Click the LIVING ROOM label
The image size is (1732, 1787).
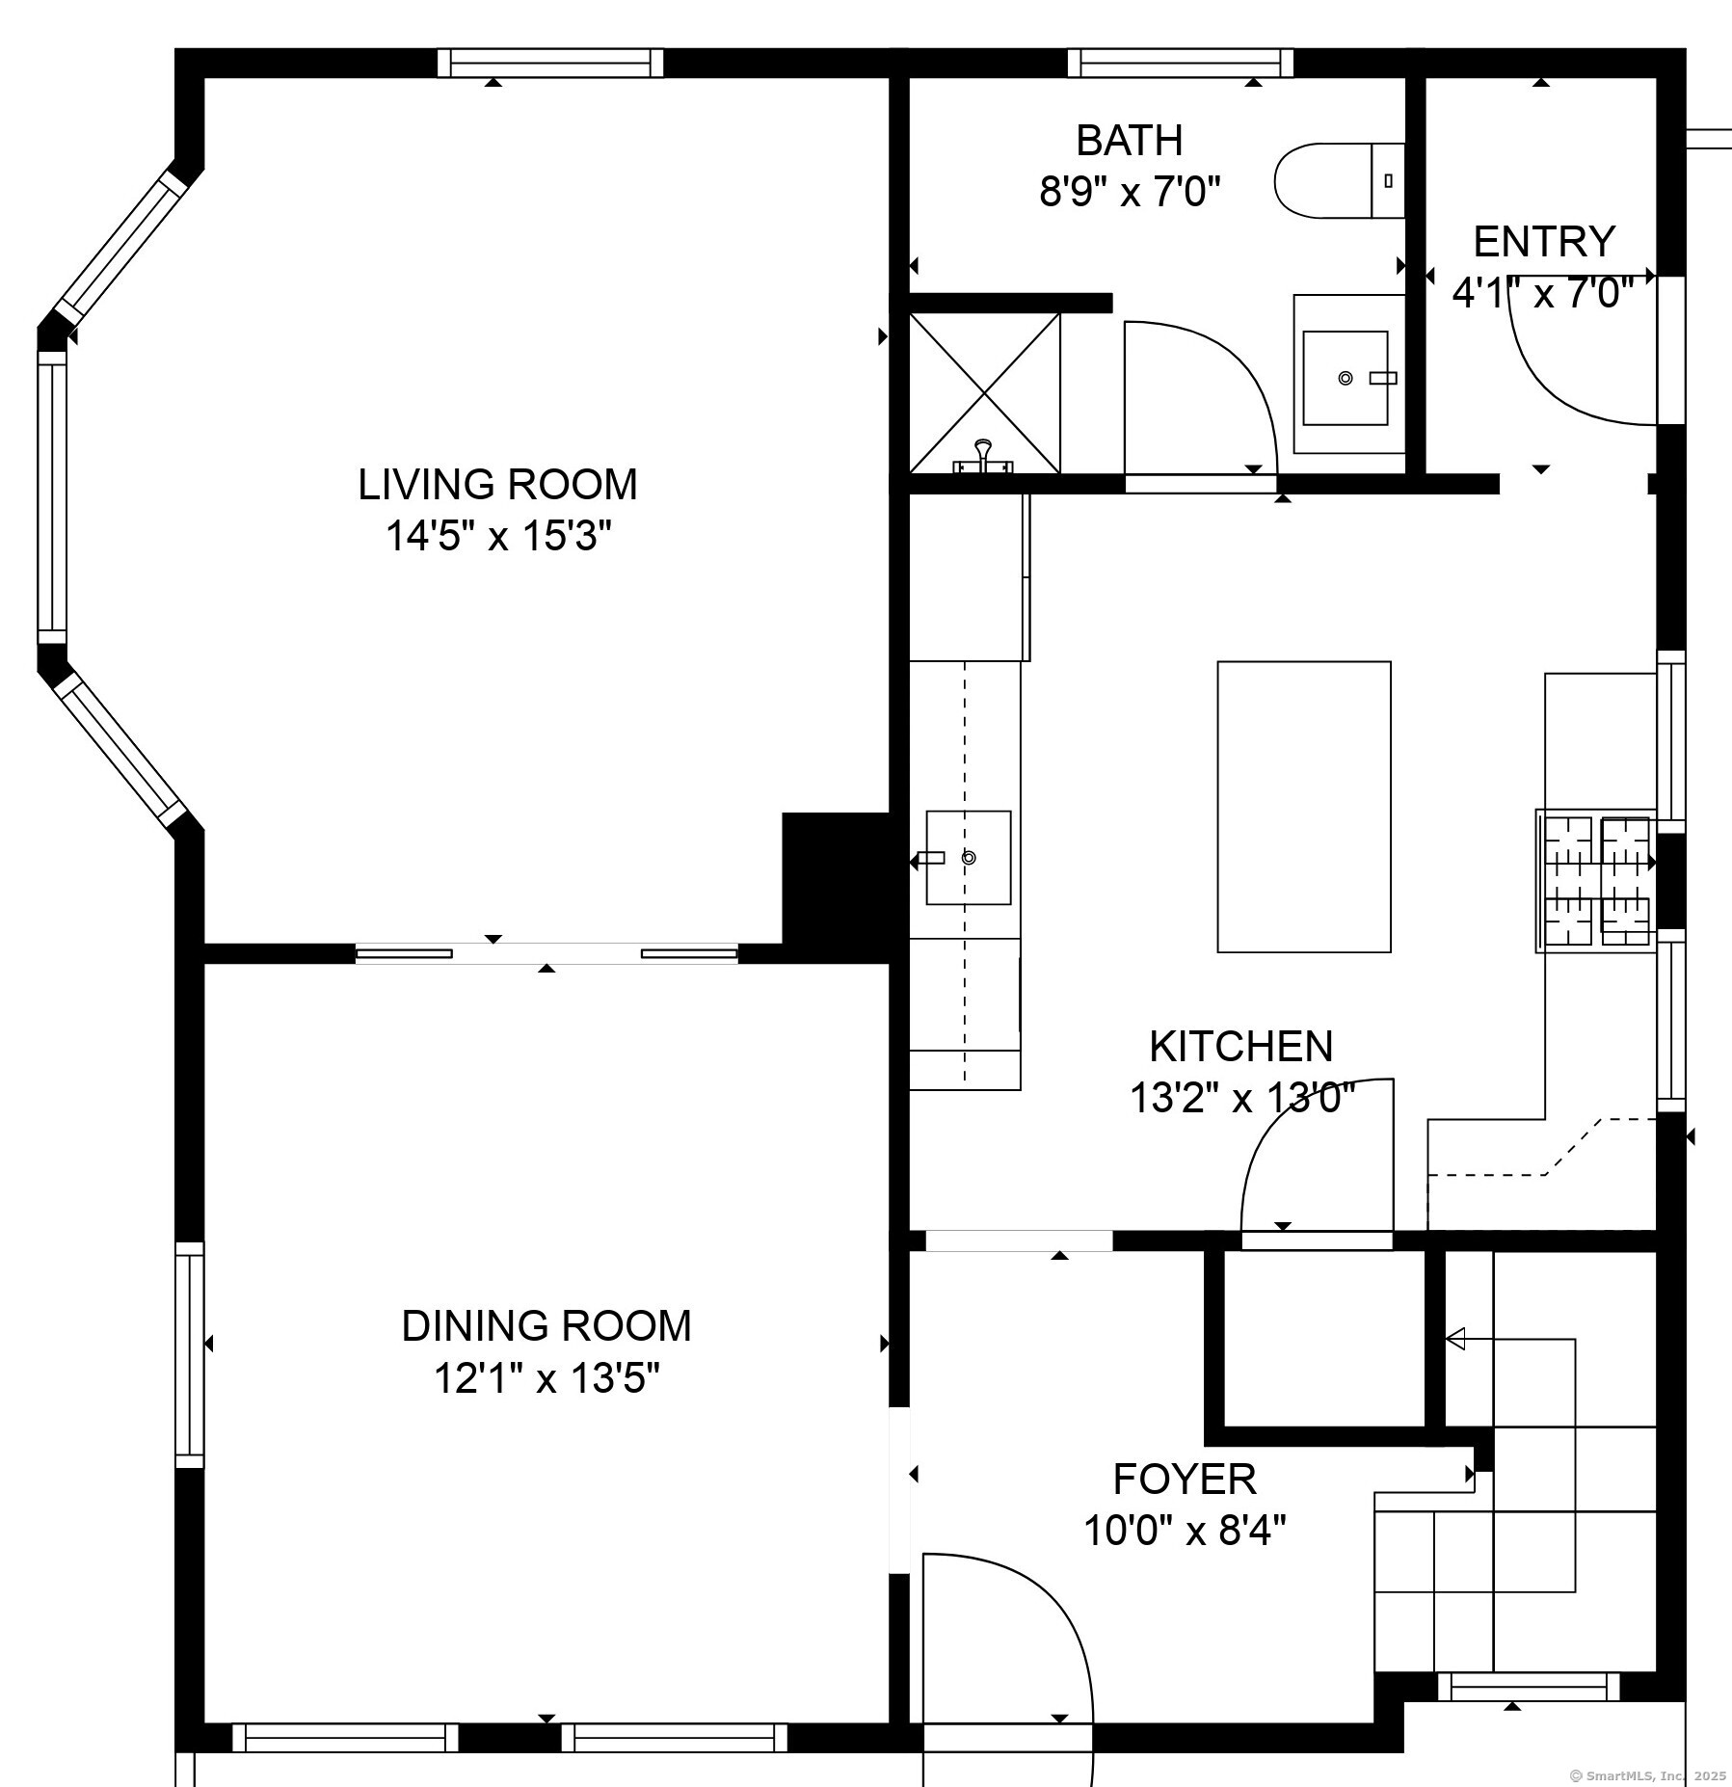point(497,484)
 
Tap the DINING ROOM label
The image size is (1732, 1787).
point(546,1326)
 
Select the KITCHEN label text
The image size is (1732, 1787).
point(1241,1047)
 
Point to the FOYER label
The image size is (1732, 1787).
point(1185,1479)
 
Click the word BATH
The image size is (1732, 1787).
point(1130,141)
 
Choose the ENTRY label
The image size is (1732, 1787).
point(1544,241)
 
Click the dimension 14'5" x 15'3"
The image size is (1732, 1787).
point(498,536)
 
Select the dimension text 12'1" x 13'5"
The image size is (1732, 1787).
point(546,1378)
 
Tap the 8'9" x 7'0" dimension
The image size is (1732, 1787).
point(1130,192)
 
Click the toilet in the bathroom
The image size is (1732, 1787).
point(1340,180)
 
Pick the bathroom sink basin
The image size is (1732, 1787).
point(1346,378)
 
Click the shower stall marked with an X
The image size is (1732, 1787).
point(985,393)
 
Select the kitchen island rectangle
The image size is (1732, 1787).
point(1304,807)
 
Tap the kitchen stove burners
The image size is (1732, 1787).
point(1596,881)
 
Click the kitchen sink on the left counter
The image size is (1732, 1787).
point(969,858)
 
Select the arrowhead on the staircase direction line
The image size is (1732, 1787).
point(1455,1339)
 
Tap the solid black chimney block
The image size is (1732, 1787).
point(837,887)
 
